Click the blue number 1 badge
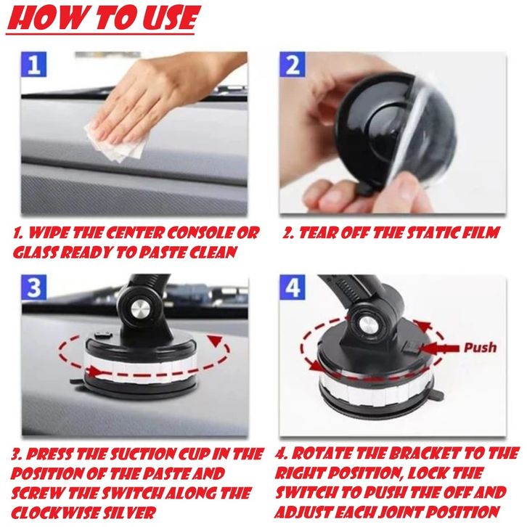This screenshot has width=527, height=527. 33,64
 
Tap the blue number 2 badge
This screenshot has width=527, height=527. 293,64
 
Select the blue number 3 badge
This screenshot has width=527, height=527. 34,287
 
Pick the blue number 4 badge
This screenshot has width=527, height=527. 293,287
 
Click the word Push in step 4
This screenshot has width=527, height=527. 480,348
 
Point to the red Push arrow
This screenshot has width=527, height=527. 439,349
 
